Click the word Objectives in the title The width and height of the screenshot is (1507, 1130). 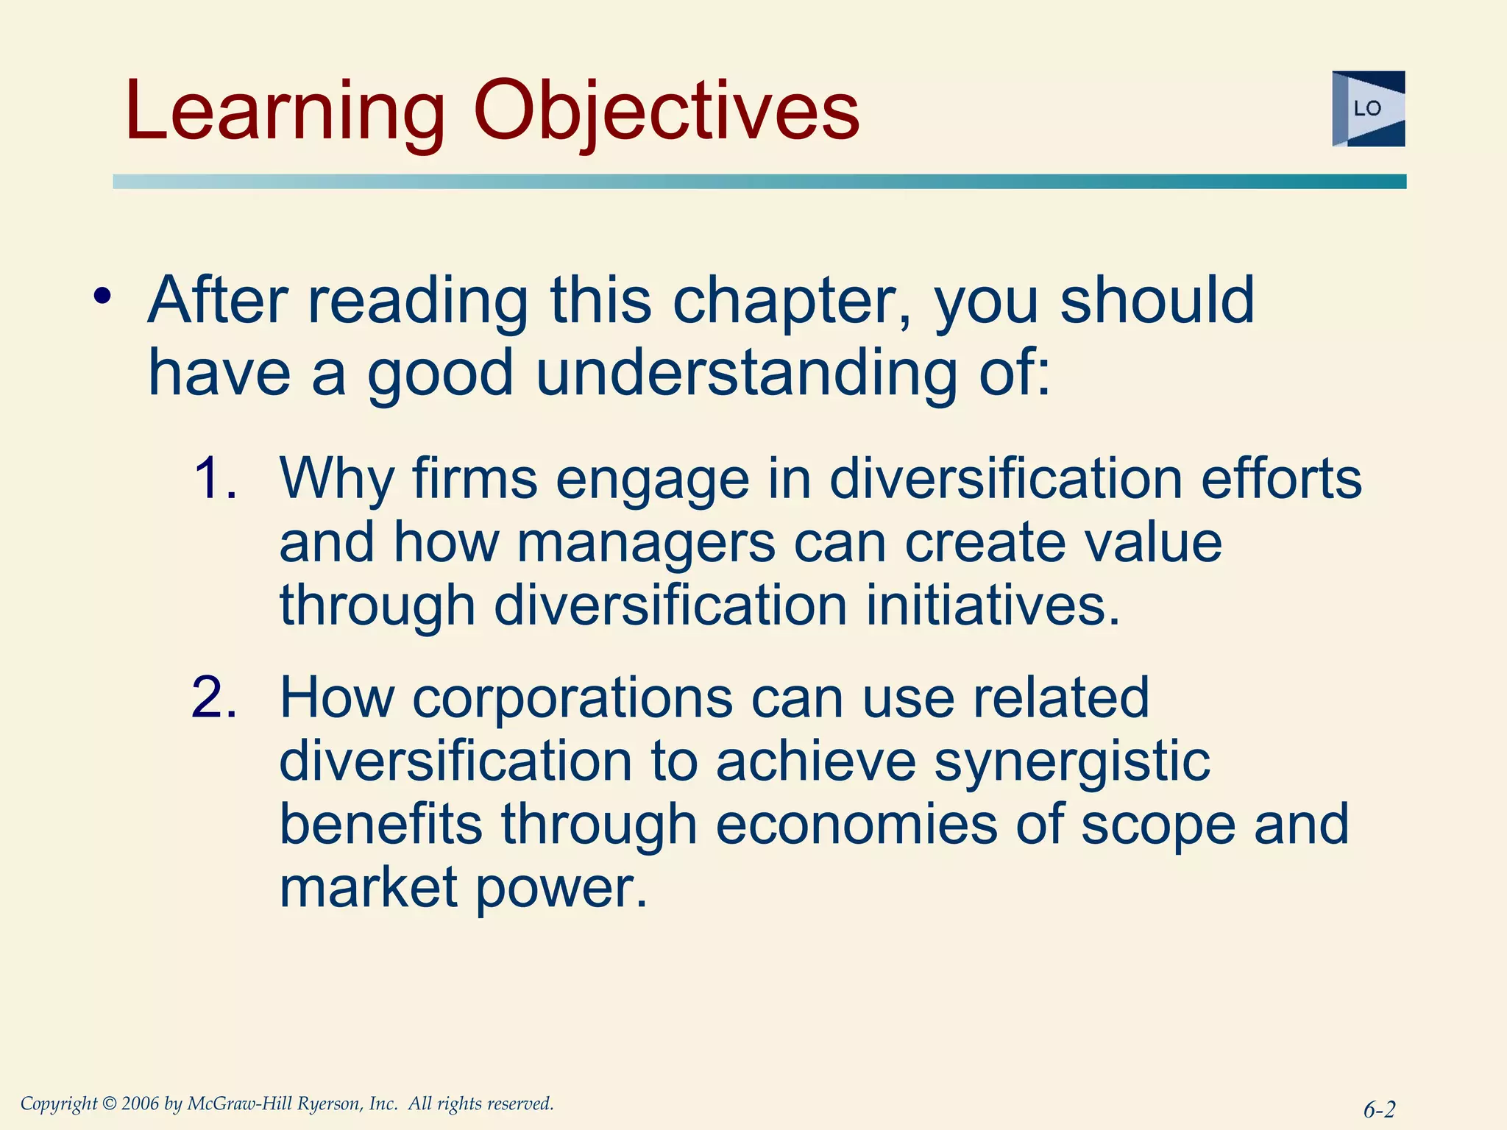coord(666,112)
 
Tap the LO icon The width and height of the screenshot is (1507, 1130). coord(1368,109)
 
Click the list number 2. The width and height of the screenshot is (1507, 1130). coord(214,697)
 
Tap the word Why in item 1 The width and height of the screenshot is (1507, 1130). coord(337,479)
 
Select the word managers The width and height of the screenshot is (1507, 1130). coord(645,542)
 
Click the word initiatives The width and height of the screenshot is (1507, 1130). coord(993,605)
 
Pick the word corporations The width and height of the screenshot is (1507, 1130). coord(572,697)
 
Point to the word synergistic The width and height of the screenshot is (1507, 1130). coord(1071,761)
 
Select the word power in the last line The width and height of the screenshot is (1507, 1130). coord(561,887)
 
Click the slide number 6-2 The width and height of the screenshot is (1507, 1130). coord(1379,1109)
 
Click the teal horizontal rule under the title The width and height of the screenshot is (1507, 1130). coord(758,182)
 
